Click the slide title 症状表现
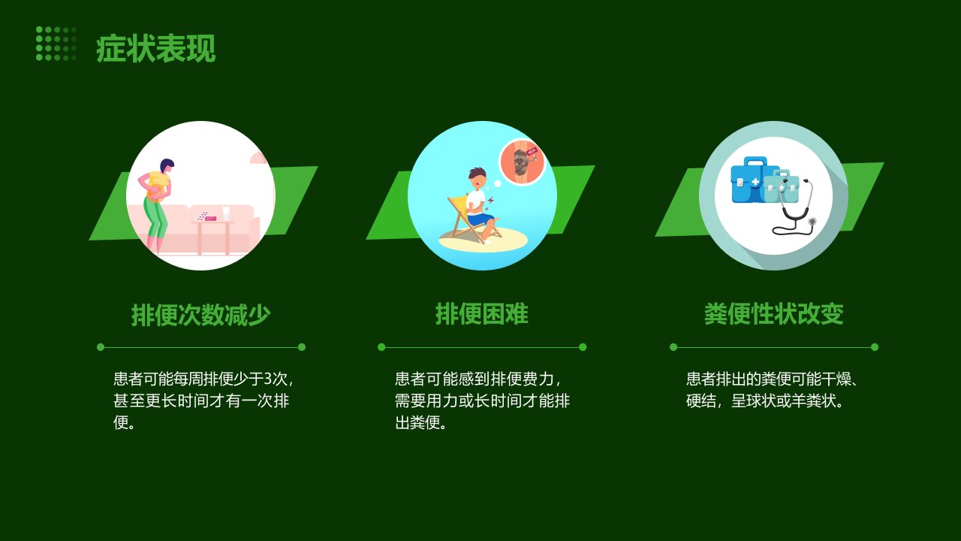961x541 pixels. pos(155,49)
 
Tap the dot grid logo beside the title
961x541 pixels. pos(56,44)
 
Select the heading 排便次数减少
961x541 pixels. pos(200,315)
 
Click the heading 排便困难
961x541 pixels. pos(482,314)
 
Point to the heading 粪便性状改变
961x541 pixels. pos(774,314)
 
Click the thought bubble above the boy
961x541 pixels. pos(522,162)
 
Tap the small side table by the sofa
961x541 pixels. pos(213,237)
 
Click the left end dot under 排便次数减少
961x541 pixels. pos(101,347)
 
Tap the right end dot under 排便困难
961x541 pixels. pos(583,347)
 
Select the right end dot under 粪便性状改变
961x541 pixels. pos(875,347)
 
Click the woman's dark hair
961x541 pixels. pos(167,165)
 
